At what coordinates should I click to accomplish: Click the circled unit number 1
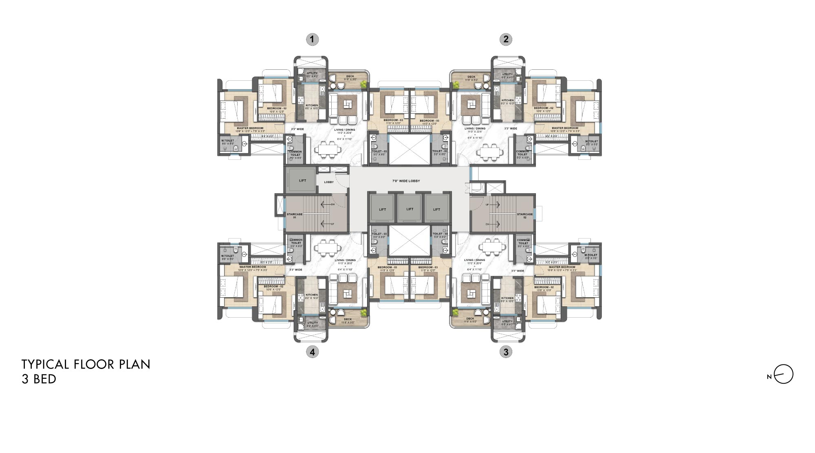[x=312, y=40]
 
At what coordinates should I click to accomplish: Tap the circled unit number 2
[x=506, y=40]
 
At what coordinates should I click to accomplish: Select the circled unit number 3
[x=506, y=352]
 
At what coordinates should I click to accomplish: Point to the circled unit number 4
[x=312, y=352]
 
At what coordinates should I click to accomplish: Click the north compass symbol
[x=783, y=374]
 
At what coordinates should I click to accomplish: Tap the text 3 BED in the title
[x=39, y=379]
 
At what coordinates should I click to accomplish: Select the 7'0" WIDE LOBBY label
[x=406, y=181]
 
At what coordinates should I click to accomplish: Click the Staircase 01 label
[x=294, y=216]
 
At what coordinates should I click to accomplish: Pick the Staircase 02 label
[x=524, y=216]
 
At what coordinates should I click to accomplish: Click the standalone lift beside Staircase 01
[x=302, y=181]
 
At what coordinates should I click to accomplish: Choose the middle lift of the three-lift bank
[x=410, y=209]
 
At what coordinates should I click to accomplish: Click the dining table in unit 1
[x=327, y=150]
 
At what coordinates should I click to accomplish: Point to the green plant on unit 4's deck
[x=363, y=313]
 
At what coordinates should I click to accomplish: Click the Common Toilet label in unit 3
[x=523, y=242]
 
